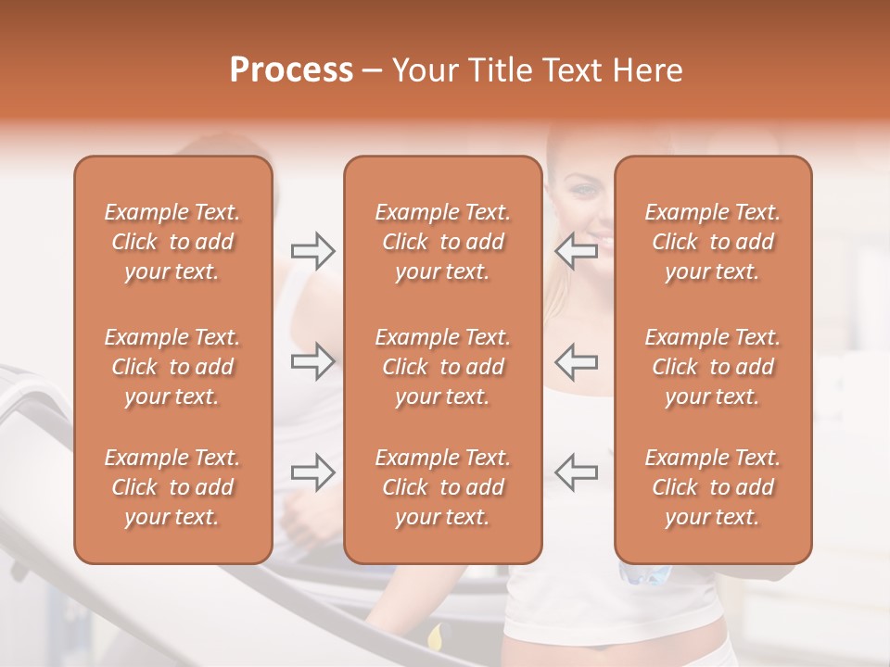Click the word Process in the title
point(291,70)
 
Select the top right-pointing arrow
point(312,251)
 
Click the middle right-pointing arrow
point(312,361)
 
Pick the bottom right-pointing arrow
point(312,472)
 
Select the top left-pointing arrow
point(576,251)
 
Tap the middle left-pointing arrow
point(576,361)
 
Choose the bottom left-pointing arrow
point(576,472)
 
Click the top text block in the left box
point(172,242)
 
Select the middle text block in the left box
point(172,367)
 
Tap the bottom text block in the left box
point(172,486)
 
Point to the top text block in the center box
point(443,242)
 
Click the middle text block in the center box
point(443,367)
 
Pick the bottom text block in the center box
point(443,486)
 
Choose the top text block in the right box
point(713,242)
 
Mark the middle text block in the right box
point(713,367)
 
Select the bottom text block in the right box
point(713,486)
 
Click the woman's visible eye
point(583,190)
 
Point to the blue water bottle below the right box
point(645,574)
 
